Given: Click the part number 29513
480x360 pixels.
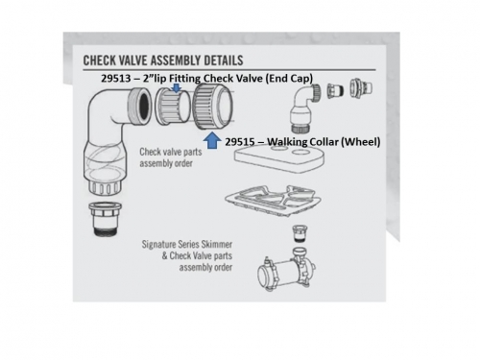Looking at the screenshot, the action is tap(116, 79).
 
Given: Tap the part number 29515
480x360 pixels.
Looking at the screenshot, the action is tap(240, 142).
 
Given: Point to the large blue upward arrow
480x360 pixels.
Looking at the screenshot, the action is tap(212, 140).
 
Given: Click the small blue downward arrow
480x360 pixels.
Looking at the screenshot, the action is tap(177, 88).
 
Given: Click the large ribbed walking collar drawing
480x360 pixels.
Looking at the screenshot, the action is tap(212, 107).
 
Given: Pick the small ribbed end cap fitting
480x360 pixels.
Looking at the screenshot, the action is tap(173, 106).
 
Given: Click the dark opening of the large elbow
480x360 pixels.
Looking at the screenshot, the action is tap(143, 106).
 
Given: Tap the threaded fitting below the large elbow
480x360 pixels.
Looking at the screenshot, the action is tap(104, 219).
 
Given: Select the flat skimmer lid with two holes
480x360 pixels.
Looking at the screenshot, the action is tap(279, 158).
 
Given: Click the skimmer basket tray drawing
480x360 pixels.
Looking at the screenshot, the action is tap(273, 201).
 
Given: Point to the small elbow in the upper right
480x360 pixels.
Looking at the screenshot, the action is tap(304, 108).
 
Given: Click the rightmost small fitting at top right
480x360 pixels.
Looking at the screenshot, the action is tap(360, 88).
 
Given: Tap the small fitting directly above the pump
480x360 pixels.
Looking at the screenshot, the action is tap(300, 233).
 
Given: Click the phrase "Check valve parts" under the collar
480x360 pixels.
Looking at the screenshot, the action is tap(171, 152).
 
